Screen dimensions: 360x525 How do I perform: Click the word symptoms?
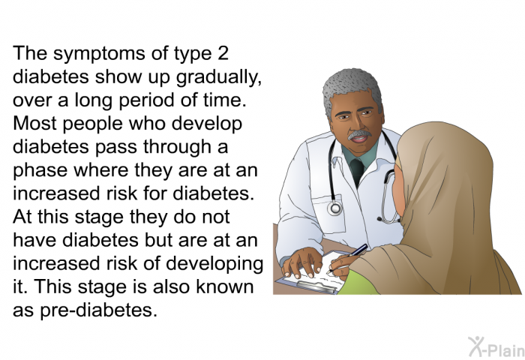point(86,54)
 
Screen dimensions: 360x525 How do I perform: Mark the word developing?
point(218,265)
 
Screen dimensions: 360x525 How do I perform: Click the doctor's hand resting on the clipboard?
point(304,261)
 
